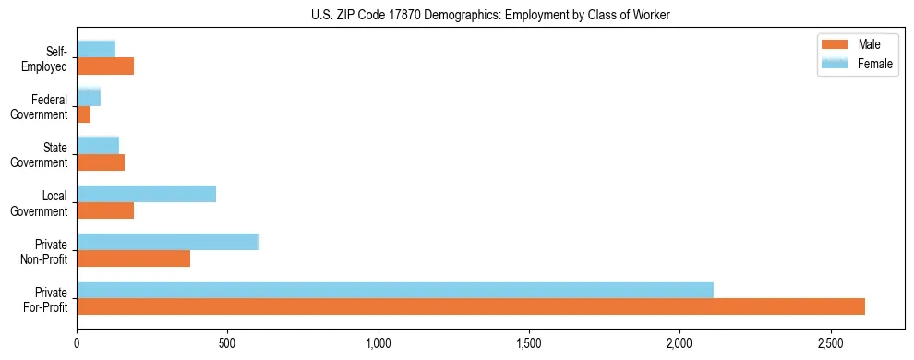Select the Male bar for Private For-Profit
[471, 306]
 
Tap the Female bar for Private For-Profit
[395, 290]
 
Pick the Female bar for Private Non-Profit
[168, 242]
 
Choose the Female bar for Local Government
[147, 194]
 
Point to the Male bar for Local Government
[105, 210]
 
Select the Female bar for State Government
[98, 145]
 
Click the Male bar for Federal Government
[84, 114]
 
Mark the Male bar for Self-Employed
[105, 66]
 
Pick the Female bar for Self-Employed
[96, 49]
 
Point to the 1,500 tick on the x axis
[529, 343]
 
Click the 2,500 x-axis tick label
[830, 343]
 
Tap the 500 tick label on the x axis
[227, 343]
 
